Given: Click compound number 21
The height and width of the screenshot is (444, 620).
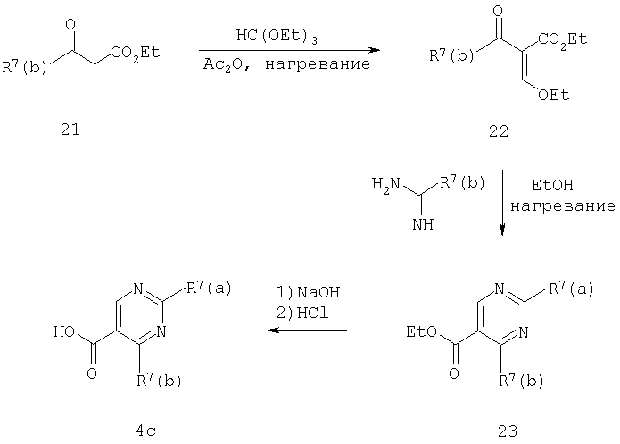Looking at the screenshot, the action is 70,130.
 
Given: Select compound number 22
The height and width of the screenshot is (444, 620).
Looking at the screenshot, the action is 499,130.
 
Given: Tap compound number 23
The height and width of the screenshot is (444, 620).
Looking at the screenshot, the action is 508,431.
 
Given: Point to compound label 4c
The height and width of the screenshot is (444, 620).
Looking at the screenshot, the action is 146,431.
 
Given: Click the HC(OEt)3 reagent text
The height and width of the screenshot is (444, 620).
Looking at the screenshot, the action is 277,37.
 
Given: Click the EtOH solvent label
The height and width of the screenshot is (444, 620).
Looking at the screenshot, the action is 552,185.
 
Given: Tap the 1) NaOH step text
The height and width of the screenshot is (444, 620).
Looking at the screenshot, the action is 308,292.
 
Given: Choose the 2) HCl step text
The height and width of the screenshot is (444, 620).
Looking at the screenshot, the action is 302,314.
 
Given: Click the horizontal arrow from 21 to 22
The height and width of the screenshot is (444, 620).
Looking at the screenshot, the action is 289,50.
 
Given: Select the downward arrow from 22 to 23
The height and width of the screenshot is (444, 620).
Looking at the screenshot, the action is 502,203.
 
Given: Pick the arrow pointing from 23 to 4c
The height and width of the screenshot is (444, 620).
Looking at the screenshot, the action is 307,330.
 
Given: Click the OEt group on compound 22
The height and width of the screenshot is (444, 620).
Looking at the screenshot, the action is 553,95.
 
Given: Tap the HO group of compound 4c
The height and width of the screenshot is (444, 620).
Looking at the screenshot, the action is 64,331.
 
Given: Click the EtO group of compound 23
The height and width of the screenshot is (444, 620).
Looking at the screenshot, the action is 421,331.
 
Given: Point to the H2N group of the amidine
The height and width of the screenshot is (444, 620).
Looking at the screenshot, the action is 386,184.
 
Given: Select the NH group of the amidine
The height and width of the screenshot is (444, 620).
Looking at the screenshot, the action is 423,224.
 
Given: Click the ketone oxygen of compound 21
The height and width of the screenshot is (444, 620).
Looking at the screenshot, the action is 70,24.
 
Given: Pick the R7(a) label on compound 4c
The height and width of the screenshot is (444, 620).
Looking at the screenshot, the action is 209,289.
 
